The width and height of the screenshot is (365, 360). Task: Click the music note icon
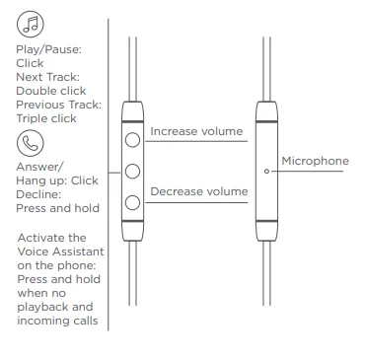click(x=31, y=24)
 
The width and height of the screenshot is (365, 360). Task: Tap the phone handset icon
click(x=31, y=143)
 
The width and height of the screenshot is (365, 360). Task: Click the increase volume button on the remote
click(x=132, y=140)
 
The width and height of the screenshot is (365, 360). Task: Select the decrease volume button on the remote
click(x=132, y=202)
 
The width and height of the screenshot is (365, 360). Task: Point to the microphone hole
click(x=266, y=172)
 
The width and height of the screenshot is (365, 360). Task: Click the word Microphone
click(x=315, y=161)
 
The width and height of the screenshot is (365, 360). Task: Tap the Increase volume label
click(x=196, y=131)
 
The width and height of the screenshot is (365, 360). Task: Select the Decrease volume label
click(x=198, y=191)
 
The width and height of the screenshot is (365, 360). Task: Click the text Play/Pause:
click(x=48, y=49)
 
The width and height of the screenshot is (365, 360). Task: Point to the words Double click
click(x=51, y=91)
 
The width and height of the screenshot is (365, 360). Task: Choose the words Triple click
click(x=46, y=118)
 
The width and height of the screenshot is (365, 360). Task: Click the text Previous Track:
click(x=59, y=105)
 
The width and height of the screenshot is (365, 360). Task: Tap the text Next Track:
click(x=48, y=77)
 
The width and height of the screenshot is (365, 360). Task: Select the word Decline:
click(x=38, y=194)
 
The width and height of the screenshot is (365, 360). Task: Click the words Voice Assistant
click(x=60, y=252)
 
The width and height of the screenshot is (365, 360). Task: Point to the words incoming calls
click(x=57, y=321)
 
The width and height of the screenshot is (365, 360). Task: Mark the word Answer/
click(x=38, y=167)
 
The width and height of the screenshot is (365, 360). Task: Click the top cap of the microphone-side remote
click(x=266, y=111)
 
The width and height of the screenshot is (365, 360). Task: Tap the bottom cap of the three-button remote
click(x=132, y=231)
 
